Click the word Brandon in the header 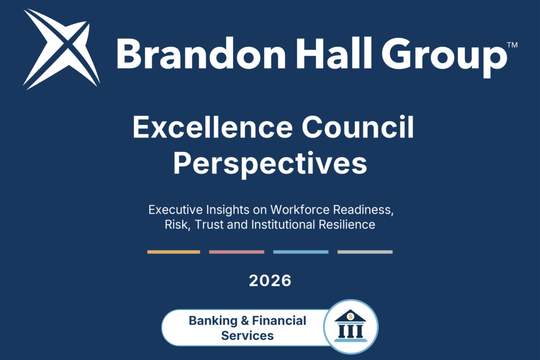coord(201,54)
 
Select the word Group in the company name coord(444,57)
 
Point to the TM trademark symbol coord(513,45)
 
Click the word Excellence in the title coord(213,127)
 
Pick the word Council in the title coord(358,127)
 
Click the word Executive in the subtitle coord(175,209)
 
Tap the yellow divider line coord(173,252)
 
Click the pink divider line coord(237,252)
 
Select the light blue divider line coord(301,252)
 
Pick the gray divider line coord(365,252)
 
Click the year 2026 coord(271,280)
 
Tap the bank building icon coord(351,326)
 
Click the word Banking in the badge coord(213,321)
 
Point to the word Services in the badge coord(247,336)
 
